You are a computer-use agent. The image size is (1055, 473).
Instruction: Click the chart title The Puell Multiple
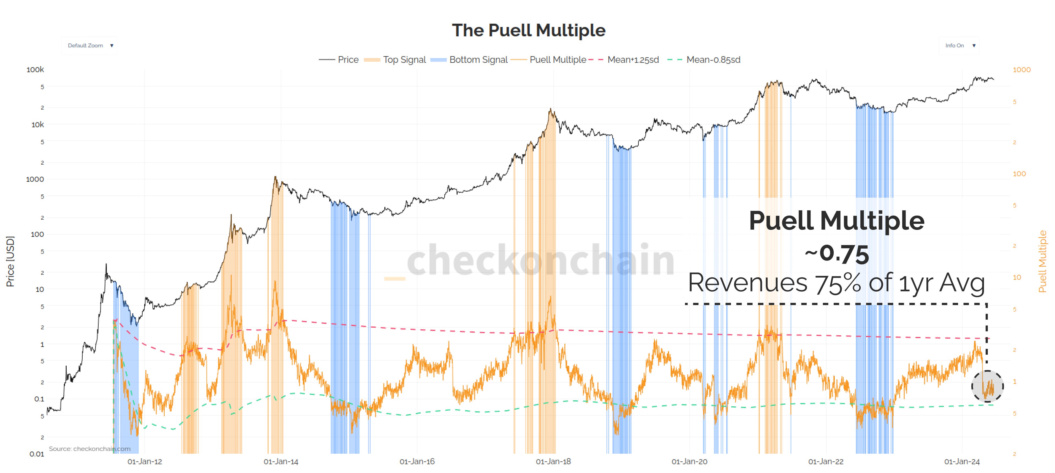[528, 30]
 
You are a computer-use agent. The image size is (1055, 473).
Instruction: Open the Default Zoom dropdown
[89, 45]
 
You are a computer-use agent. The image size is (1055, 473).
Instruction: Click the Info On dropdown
[959, 45]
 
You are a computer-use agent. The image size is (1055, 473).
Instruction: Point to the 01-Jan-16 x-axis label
[417, 461]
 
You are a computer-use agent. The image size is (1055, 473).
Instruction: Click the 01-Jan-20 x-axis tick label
[689, 461]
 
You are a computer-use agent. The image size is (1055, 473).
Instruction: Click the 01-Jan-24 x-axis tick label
[962, 461]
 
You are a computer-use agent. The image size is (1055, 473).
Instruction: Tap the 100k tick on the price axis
[35, 70]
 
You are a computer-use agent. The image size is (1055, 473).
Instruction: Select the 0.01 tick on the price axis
[37, 454]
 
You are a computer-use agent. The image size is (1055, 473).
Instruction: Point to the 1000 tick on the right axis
[1021, 70]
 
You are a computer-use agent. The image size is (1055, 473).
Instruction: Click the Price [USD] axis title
[10, 261]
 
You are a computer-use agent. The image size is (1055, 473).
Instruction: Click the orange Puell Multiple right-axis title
[1042, 261]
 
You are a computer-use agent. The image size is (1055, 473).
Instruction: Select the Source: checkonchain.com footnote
[90, 449]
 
